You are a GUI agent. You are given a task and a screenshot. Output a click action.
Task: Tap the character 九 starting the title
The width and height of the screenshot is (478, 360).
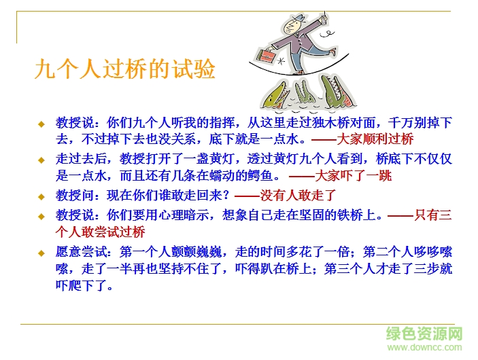pyautogui.click(x=46, y=69)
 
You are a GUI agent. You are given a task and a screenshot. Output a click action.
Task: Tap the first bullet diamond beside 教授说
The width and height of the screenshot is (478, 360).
pyautogui.click(x=41, y=124)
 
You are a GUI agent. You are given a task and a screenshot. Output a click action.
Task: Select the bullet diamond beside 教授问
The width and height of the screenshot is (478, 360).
pyautogui.click(x=41, y=197)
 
